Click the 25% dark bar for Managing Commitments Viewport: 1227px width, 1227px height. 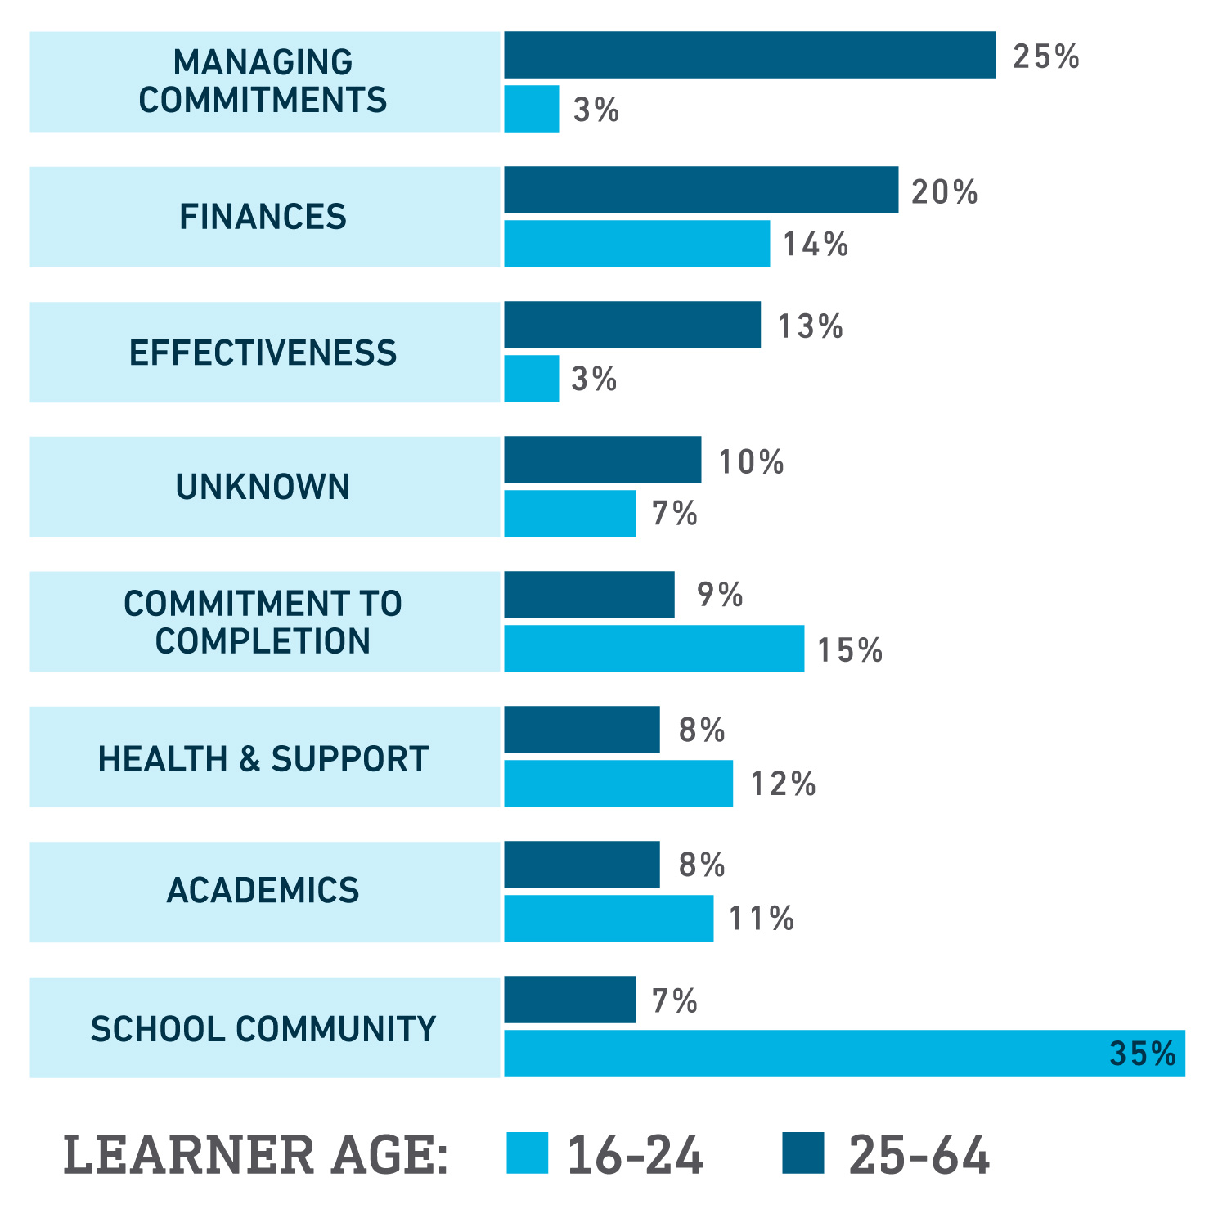pyautogui.click(x=749, y=55)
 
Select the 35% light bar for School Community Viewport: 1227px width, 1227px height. pyautogui.click(x=844, y=1053)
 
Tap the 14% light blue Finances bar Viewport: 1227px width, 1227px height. pyautogui.click(x=636, y=243)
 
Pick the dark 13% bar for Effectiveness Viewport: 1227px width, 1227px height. pyautogui.click(x=632, y=325)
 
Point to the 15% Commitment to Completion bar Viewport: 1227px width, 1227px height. pyautogui.click(x=654, y=649)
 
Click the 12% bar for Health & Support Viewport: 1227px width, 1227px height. pyautogui.click(x=618, y=783)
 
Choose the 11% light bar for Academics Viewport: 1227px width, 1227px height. pyautogui.click(x=609, y=918)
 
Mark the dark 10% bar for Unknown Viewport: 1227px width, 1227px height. pyautogui.click(x=602, y=460)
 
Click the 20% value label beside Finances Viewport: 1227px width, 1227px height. pyautogui.click(x=945, y=192)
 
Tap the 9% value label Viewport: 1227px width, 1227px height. pyautogui.click(x=720, y=595)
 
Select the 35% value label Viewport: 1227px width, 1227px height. pyautogui.click(x=1142, y=1053)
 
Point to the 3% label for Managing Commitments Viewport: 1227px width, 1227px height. pyautogui.click(x=596, y=110)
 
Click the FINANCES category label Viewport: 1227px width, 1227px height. pyautogui.click(x=263, y=217)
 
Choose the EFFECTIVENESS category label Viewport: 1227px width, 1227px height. pyautogui.click(x=263, y=353)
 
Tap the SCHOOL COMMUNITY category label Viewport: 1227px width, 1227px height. pyautogui.click(x=263, y=1028)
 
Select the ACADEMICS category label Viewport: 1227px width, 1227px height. pyautogui.click(x=263, y=890)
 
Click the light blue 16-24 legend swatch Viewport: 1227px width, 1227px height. pyautogui.click(x=527, y=1153)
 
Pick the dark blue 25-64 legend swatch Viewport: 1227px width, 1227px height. pyautogui.click(x=802, y=1153)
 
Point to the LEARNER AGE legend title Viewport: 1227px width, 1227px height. pyautogui.click(x=256, y=1155)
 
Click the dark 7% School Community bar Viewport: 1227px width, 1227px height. pyautogui.click(x=569, y=999)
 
